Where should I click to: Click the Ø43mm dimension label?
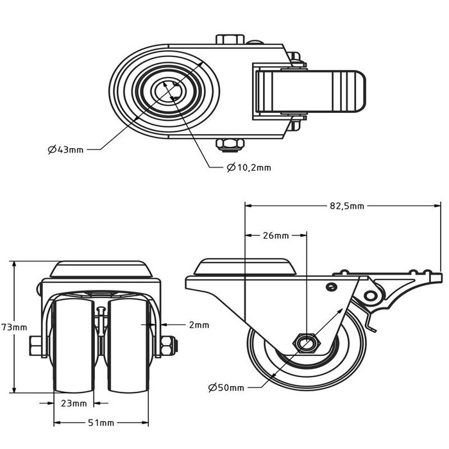click(65, 149)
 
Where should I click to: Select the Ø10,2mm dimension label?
click(249, 167)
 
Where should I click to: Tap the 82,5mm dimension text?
click(346, 206)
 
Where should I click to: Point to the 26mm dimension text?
click(276, 235)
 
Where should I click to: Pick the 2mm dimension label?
click(199, 325)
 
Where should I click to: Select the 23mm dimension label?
click(74, 403)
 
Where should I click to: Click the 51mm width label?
click(101, 423)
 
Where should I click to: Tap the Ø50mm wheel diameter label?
click(226, 387)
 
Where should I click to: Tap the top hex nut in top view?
click(229, 39)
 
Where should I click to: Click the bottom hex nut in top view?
click(229, 145)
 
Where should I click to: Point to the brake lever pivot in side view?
click(370, 296)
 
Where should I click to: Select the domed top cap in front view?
click(101, 268)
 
